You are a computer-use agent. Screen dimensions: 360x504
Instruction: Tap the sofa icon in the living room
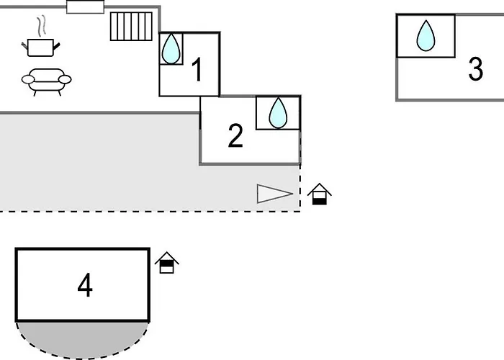(x=47, y=81)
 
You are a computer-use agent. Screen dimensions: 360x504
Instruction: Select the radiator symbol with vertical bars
(x=131, y=26)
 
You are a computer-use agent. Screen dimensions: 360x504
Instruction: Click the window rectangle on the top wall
(x=86, y=6)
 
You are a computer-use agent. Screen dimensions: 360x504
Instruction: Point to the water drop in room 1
(x=171, y=49)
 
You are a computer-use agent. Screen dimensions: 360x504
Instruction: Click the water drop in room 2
(x=278, y=112)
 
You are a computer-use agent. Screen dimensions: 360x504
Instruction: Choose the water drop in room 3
(x=426, y=36)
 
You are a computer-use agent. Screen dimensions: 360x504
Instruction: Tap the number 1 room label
(x=196, y=71)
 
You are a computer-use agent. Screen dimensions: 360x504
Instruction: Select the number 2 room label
(x=235, y=136)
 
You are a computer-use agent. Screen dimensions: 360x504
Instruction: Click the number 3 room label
(x=475, y=70)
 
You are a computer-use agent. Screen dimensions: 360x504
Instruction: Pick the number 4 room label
(x=85, y=286)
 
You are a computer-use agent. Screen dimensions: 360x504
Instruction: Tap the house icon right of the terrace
(x=320, y=194)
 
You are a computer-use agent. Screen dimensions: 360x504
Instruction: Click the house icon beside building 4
(x=167, y=263)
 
